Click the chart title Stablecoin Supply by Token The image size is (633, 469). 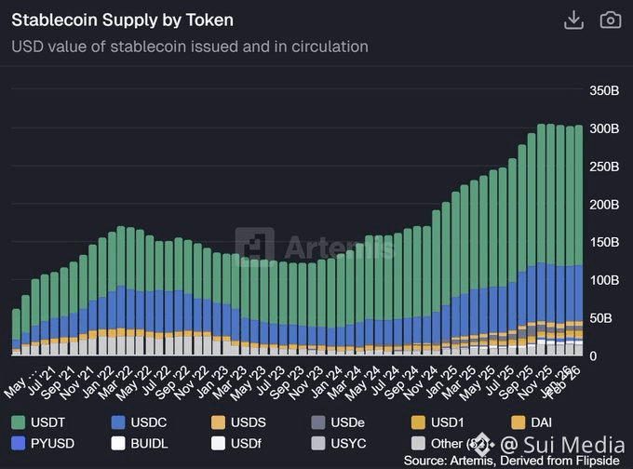click(x=122, y=20)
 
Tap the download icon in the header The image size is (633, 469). click(x=573, y=20)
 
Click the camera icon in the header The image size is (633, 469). click(x=610, y=20)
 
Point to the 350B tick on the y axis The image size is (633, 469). click(x=604, y=90)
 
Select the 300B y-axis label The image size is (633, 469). click(x=604, y=128)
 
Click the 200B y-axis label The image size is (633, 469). click(x=604, y=204)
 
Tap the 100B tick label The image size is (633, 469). click(x=604, y=280)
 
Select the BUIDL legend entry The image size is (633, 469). click(x=144, y=443)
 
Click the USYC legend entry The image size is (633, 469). click(x=344, y=443)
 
